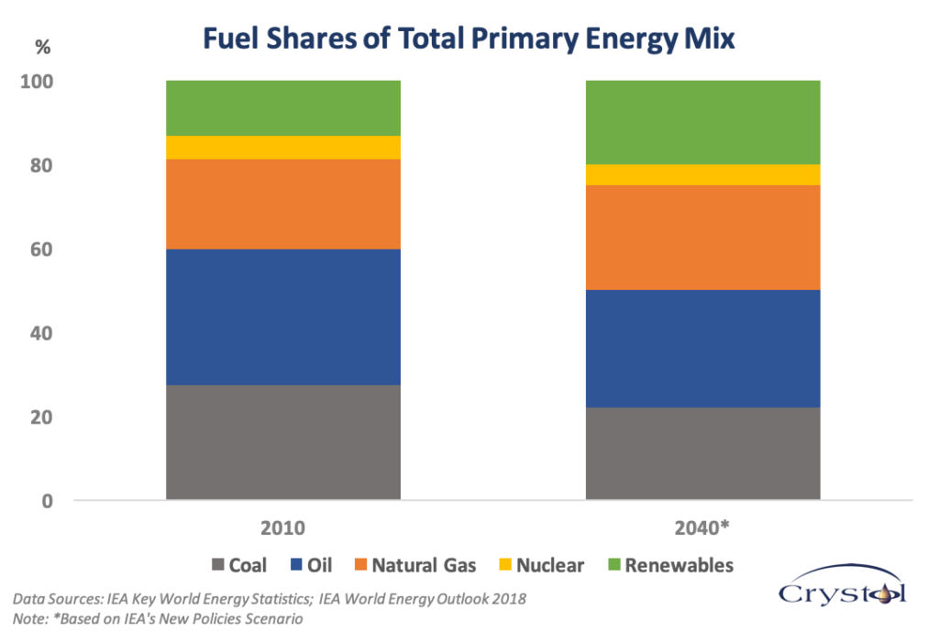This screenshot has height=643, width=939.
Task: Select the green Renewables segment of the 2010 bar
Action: coord(282,108)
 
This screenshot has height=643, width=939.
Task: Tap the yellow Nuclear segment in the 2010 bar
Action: coord(282,148)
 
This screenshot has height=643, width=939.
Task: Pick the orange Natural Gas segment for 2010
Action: coord(282,204)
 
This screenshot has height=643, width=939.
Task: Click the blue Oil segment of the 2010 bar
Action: coord(282,316)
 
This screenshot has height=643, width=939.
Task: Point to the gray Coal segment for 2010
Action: coord(282,442)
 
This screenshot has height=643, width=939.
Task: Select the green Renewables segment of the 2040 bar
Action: coord(702,123)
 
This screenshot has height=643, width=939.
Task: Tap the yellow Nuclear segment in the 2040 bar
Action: coord(702,175)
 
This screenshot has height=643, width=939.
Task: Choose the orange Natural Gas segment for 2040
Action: coord(702,238)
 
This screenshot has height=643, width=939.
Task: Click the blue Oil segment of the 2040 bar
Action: coord(702,349)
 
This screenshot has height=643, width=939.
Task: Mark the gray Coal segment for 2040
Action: coord(702,454)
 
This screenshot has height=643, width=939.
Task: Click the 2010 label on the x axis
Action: coord(282,529)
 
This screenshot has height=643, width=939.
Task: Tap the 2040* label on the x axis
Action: coord(702,529)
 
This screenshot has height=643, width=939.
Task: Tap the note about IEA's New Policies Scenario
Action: coord(158,619)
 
